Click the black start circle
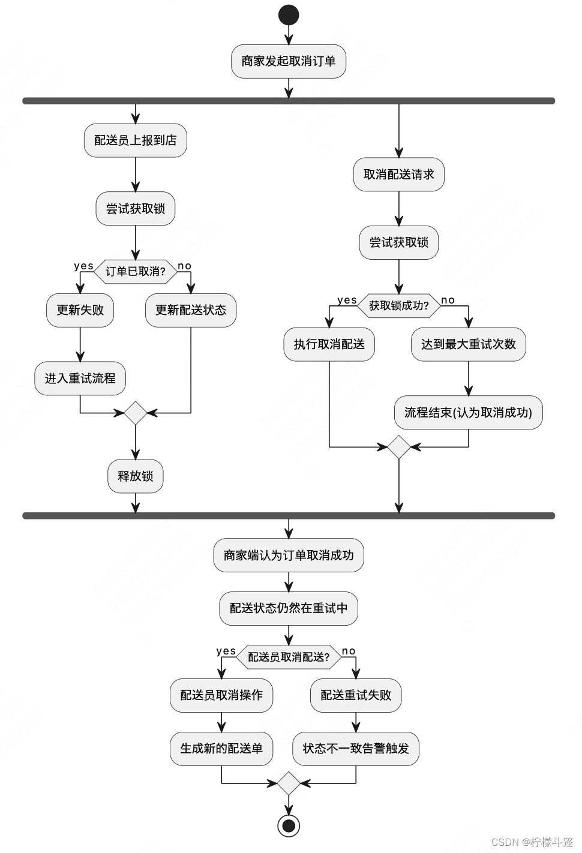click(x=289, y=15)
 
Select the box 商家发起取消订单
click(x=289, y=61)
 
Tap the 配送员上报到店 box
click(x=136, y=140)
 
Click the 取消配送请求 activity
click(x=399, y=175)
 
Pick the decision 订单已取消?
click(x=136, y=272)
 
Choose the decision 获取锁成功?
click(x=399, y=306)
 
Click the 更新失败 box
click(x=80, y=310)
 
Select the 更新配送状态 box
click(x=191, y=310)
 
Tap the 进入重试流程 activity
click(x=80, y=379)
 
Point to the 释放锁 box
click(x=136, y=476)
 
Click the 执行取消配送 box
click(x=329, y=344)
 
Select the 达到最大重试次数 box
click(x=469, y=344)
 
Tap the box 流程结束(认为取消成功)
click(x=469, y=413)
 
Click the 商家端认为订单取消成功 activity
click(x=289, y=555)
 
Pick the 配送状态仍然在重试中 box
click(x=289, y=608)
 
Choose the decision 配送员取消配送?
click(x=289, y=657)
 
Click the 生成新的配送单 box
click(x=221, y=749)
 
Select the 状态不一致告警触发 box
click(x=356, y=749)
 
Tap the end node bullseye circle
click(x=289, y=825)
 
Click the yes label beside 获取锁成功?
click(x=347, y=300)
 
